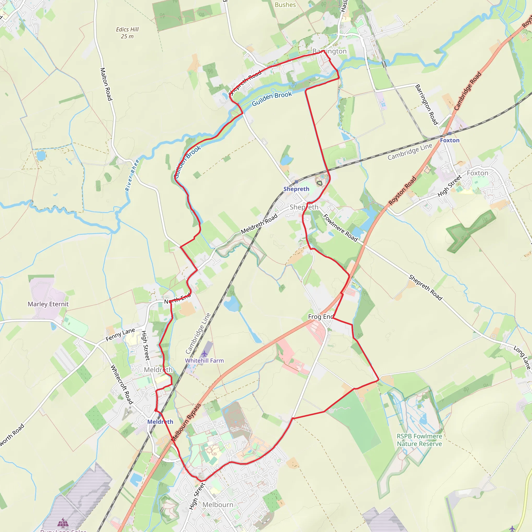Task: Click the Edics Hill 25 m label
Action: (x=127, y=33)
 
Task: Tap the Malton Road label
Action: (x=106, y=84)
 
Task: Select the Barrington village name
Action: (x=329, y=51)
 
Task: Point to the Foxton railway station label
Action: (x=449, y=140)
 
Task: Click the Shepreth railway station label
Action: (x=296, y=189)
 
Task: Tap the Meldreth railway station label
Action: (x=160, y=422)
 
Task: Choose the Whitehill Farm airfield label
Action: (x=204, y=361)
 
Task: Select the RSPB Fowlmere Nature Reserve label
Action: (x=419, y=440)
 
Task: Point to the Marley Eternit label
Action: (x=48, y=304)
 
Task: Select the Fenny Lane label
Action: (x=120, y=335)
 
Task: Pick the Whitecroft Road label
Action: (x=122, y=384)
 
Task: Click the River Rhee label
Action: (x=132, y=175)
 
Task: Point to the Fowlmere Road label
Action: (x=340, y=228)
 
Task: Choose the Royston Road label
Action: (x=402, y=191)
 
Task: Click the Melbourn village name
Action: (x=218, y=504)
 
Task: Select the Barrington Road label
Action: (x=426, y=104)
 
